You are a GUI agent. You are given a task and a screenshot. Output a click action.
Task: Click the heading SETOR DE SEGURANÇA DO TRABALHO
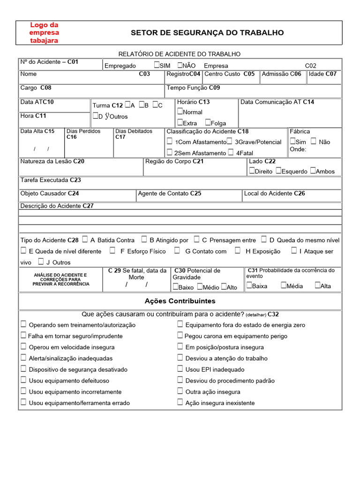(x=207, y=33)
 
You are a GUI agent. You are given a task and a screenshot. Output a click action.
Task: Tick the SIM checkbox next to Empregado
(x=157, y=65)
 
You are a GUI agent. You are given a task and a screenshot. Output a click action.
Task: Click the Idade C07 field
(x=322, y=74)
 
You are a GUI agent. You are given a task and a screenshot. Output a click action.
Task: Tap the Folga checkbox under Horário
(x=208, y=123)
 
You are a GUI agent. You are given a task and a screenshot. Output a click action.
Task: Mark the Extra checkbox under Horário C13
(x=180, y=123)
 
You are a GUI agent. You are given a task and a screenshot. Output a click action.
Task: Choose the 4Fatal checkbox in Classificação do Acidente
(x=231, y=152)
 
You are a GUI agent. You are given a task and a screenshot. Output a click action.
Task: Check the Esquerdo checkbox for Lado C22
(x=278, y=171)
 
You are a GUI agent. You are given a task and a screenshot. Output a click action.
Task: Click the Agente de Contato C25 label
(x=169, y=193)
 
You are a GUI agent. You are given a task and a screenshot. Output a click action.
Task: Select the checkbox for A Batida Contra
(x=85, y=240)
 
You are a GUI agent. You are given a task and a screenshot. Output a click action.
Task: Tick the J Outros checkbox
(x=41, y=262)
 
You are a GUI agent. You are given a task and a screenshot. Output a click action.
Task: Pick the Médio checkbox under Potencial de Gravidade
(x=200, y=287)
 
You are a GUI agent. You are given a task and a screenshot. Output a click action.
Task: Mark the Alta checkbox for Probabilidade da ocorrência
(x=317, y=285)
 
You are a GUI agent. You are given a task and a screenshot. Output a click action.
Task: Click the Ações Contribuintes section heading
(x=180, y=301)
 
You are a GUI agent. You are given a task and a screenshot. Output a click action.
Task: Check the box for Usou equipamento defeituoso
(x=23, y=380)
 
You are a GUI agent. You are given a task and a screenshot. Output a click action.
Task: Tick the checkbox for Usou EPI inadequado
(x=180, y=369)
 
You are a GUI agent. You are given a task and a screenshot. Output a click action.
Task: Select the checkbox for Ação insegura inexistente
(x=180, y=402)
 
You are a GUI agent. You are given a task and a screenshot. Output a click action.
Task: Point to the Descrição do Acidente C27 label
(x=57, y=206)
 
